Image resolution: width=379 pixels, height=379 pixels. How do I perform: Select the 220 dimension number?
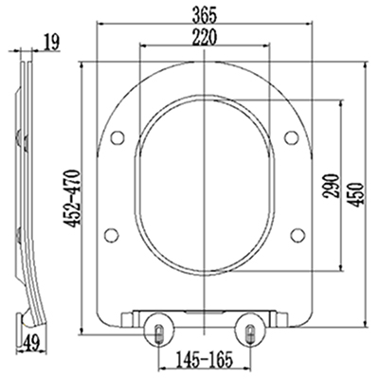point(205,37)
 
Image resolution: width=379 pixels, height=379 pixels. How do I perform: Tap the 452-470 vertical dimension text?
point(72,199)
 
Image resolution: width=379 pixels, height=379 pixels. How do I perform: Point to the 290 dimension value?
point(331,186)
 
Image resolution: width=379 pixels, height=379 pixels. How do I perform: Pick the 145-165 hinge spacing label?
point(204,358)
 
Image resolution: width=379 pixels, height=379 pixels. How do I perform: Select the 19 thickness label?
point(51,43)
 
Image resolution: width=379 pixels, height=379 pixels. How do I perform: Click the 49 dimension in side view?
point(31,343)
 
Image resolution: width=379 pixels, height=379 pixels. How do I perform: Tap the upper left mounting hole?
point(117,137)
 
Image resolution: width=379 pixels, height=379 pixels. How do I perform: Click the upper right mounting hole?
point(291,137)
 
